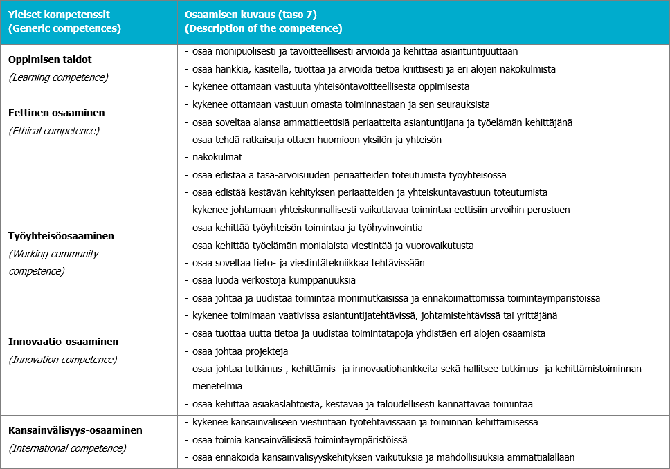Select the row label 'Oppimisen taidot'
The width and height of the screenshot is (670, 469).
pyautogui.click(x=50, y=59)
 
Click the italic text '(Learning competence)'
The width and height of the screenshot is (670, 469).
pyautogui.click(x=58, y=77)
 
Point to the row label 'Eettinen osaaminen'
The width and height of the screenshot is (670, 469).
pyautogui.click(x=57, y=112)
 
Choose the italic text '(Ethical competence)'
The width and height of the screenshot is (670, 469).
pyautogui.click(x=54, y=130)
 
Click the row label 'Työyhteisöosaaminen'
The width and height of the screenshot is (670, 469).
pyautogui.click(x=62, y=236)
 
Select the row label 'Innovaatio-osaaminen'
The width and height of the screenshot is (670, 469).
pyautogui.click(x=64, y=342)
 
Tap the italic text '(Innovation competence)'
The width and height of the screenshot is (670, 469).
pyautogui.click(x=63, y=360)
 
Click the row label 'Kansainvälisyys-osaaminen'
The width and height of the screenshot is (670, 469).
pyautogui.click(x=75, y=430)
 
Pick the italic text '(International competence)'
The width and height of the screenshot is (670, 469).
pyautogui.click(x=67, y=448)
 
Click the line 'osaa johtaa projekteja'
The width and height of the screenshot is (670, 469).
pyautogui.click(x=240, y=351)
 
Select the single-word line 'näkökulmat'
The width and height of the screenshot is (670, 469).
pyautogui.click(x=217, y=157)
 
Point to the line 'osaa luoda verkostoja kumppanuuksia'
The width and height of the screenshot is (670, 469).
pyautogui.click(x=274, y=280)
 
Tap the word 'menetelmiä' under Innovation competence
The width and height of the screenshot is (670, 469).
pyautogui.click(x=217, y=386)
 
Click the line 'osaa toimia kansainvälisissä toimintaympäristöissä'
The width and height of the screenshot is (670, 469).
pyautogui.click(x=300, y=439)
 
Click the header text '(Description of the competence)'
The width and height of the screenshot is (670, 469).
pyautogui.click(x=264, y=29)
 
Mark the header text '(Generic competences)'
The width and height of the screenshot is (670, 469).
pyautogui.click(x=64, y=29)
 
